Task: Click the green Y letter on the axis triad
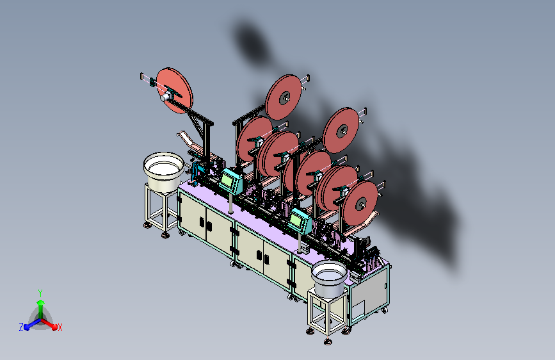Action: tap(40, 293)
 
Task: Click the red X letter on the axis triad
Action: tap(60, 327)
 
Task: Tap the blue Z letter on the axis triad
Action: tap(21, 327)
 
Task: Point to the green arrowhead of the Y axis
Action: tap(41, 302)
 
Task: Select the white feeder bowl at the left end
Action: tap(163, 172)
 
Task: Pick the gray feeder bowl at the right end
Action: tap(329, 279)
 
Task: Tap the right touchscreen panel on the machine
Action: tap(300, 220)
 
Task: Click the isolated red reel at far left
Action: tap(175, 91)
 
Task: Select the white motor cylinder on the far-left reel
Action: tap(166, 97)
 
